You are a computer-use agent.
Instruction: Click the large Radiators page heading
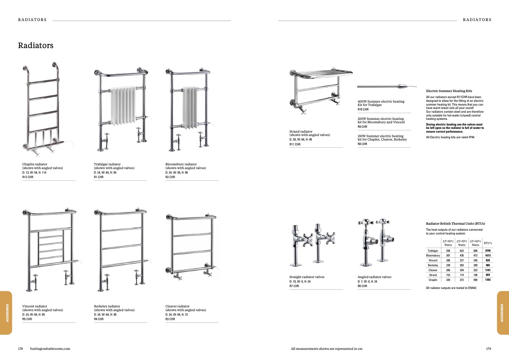[x=36, y=45]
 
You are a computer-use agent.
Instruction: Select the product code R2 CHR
[x=170, y=177]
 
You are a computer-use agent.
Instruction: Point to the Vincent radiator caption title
[x=35, y=306]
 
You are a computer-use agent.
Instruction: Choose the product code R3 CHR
[x=170, y=319]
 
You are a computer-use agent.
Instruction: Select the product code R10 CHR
[x=363, y=109]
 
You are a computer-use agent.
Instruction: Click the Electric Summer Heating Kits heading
[x=449, y=91]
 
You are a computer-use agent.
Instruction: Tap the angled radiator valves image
[x=376, y=242]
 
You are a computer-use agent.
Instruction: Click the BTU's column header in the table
[x=488, y=243]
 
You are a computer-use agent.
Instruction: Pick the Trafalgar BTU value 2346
[x=488, y=251]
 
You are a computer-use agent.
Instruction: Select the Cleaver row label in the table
[x=433, y=270]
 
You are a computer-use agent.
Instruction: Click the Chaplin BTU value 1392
[x=488, y=280]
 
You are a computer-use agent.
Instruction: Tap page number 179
[x=488, y=349]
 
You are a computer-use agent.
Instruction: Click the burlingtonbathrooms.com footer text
[x=50, y=349]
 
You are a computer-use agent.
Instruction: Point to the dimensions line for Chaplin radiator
[x=34, y=172]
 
